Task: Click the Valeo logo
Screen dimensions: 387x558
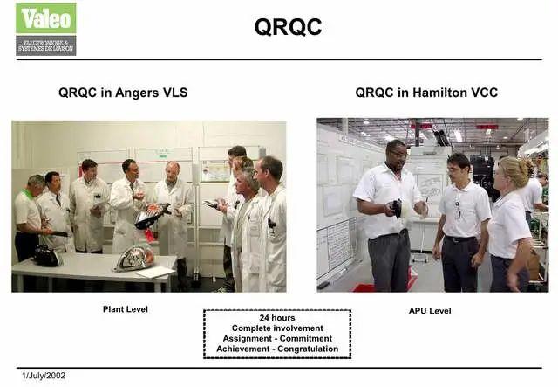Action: [45, 18]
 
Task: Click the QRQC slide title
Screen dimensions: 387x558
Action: [288, 27]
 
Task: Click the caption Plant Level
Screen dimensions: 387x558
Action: [126, 309]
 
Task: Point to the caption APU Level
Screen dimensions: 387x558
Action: [429, 310]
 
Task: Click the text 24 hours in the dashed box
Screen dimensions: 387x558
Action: [277, 318]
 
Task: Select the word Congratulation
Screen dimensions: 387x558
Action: [307, 349]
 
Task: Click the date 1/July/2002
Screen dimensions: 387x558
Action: [44, 376]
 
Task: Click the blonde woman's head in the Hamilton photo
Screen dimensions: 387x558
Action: [511, 171]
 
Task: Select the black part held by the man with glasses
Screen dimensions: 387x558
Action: [396, 208]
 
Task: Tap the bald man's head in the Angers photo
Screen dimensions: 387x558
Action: [173, 169]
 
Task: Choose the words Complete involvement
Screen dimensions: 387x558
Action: [277, 328]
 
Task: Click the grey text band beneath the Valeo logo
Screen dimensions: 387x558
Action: [45, 45]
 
